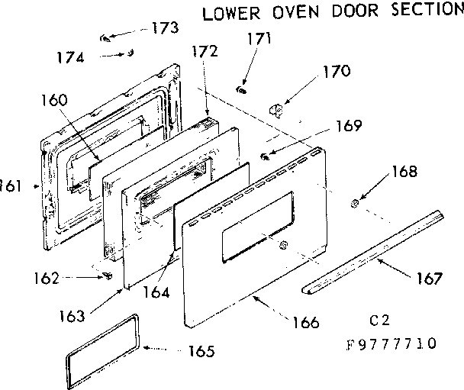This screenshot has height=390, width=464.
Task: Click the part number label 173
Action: [164, 28]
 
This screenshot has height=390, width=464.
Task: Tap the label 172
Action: [205, 52]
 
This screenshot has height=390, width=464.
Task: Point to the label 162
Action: [47, 279]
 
